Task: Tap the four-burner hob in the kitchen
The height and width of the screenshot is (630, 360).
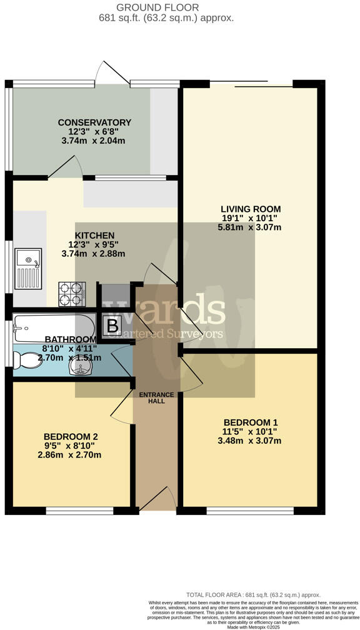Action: (x=71, y=294)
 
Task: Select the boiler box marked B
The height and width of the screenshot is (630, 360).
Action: (x=112, y=326)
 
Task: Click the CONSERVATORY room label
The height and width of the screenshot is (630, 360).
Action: (x=94, y=122)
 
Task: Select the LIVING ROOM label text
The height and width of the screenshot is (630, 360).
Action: (x=250, y=209)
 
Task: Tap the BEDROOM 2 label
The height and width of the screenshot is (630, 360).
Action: (x=71, y=436)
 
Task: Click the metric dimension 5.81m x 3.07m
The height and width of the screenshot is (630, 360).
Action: (x=249, y=227)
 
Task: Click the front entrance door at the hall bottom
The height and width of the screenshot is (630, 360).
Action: (x=157, y=500)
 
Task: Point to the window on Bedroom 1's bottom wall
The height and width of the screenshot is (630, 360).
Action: (x=250, y=511)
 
